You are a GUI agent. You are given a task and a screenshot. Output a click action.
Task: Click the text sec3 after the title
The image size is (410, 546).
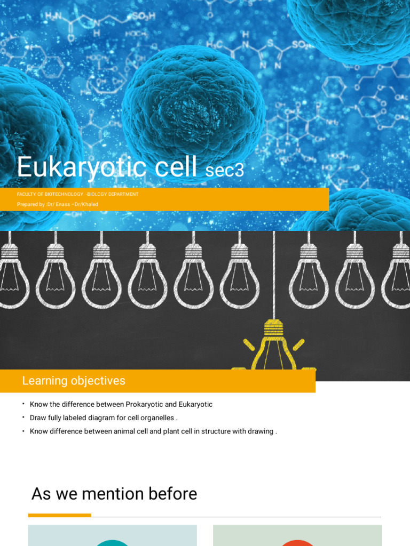(x=225, y=171)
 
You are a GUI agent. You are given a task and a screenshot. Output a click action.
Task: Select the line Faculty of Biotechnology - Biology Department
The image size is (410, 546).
(x=77, y=195)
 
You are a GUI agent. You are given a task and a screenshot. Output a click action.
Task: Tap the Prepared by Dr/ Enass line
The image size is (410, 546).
(x=58, y=204)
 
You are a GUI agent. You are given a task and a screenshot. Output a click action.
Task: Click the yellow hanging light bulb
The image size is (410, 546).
(x=273, y=347)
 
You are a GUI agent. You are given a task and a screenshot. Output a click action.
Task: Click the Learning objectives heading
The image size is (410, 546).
(x=74, y=381)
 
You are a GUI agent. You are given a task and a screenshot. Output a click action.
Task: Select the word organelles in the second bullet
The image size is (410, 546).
(x=159, y=418)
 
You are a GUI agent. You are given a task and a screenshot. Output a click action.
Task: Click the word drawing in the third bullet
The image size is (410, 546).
(x=261, y=431)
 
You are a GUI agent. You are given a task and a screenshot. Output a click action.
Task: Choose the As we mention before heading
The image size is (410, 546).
(x=114, y=494)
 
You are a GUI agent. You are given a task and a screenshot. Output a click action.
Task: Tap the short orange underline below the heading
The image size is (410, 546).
(x=59, y=515)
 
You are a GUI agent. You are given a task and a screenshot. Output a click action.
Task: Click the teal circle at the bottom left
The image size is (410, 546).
(x=113, y=542)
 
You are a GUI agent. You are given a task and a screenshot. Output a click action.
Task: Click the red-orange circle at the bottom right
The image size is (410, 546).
(x=298, y=542)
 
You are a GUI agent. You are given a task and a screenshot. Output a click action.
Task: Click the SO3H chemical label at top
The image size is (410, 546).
(x=143, y=17)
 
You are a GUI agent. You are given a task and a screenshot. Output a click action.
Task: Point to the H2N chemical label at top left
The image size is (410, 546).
(x=53, y=17)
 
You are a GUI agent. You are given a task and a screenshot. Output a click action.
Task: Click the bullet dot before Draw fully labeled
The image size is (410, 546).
(x=23, y=417)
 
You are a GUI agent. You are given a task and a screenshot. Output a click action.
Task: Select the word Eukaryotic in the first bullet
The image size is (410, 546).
(x=195, y=405)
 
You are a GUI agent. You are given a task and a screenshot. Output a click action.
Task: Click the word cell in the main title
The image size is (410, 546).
(x=176, y=167)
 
